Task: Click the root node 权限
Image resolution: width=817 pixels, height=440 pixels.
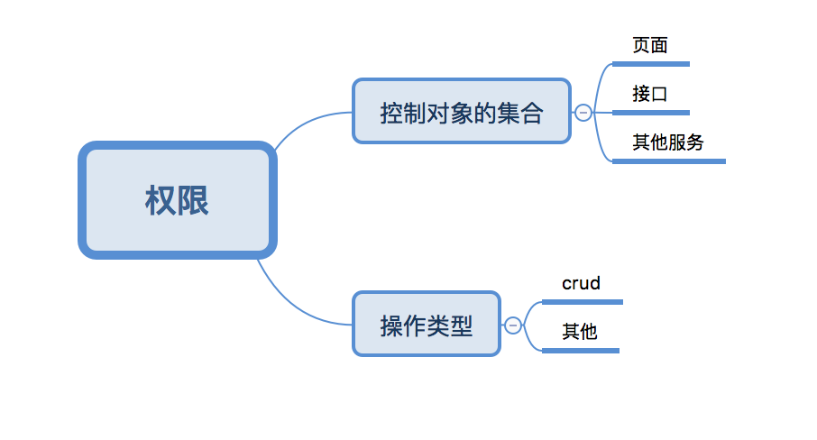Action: pos(177,200)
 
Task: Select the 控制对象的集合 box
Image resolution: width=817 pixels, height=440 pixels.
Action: pos(461,112)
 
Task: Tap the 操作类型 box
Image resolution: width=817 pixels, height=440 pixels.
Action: pos(426,324)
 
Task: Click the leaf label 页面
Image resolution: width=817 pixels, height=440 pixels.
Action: pos(649,45)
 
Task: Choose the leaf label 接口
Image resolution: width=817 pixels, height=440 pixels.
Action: pos(649,94)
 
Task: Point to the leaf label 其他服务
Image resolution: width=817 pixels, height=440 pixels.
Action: pos(667,142)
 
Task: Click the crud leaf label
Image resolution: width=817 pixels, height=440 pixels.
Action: pos(581,283)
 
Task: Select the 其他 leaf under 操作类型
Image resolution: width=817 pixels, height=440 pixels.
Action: pos(579,331)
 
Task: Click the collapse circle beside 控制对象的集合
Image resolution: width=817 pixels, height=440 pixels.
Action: pos(583,112)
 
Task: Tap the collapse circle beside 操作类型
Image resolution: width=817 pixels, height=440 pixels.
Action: pos(513,325)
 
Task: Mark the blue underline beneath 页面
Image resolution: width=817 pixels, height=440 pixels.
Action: pos(650,64)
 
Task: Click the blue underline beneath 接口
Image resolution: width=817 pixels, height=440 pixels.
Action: pos(650,113)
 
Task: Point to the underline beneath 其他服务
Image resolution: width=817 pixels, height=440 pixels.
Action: pos(668,161)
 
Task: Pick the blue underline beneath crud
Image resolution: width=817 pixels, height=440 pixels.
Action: pos(582,302)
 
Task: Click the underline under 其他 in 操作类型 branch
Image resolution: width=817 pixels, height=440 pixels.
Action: pos(580,350)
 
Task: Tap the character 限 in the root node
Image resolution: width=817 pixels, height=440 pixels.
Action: pos(193,200)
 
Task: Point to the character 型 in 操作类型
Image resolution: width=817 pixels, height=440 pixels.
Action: pos(461,325)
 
